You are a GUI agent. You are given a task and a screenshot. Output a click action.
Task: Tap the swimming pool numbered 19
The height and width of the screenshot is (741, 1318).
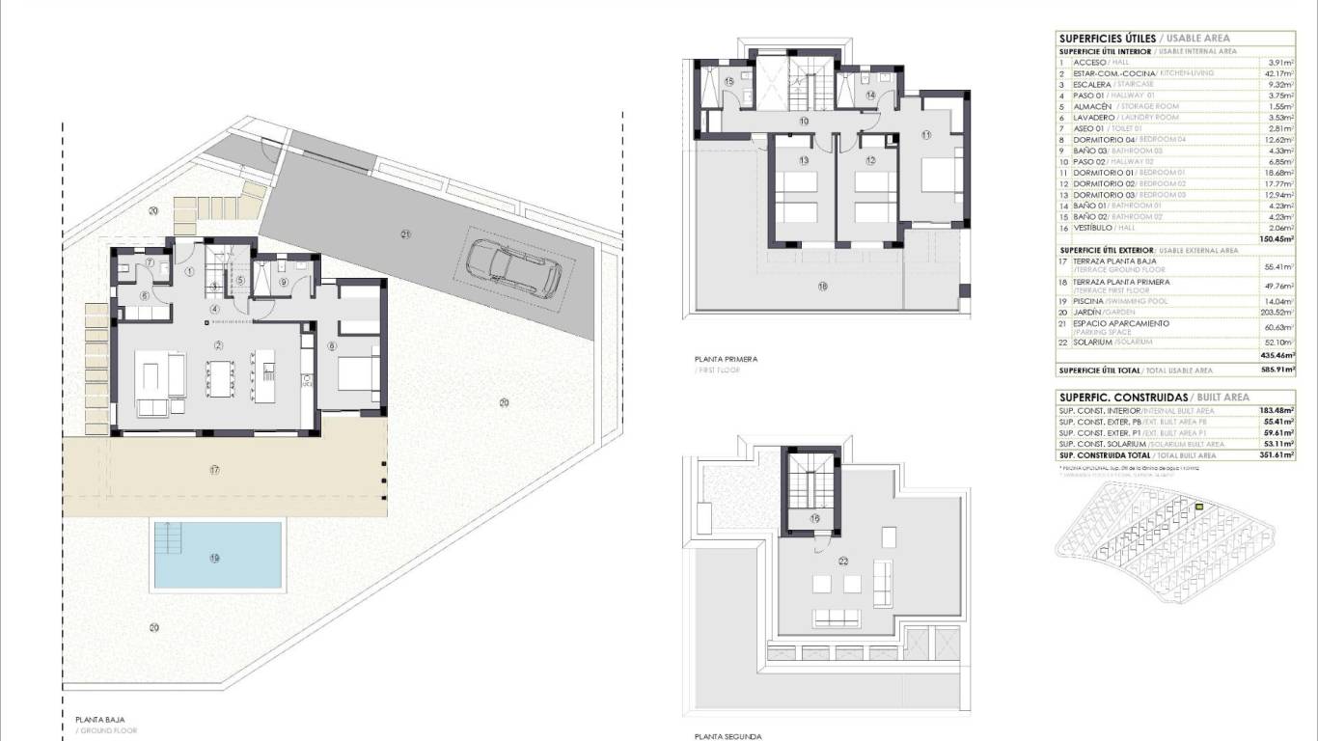coord(218,557)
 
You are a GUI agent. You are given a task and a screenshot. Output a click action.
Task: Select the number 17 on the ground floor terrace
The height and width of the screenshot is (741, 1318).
coord(214,470)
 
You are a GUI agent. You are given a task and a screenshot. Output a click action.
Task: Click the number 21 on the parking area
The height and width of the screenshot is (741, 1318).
coord(406,234)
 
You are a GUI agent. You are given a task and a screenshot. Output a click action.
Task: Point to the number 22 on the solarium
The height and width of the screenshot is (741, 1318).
coord(843,561)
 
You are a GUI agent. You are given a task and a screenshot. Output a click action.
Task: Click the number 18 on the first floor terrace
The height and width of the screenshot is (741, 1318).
coord(822,286)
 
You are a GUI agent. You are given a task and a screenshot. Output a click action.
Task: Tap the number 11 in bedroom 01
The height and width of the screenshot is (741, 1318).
coord(926,135)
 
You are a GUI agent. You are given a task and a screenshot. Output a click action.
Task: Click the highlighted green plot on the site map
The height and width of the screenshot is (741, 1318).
coord(1199,507)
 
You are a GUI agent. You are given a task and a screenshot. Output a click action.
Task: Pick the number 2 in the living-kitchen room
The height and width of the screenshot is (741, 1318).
coord(219,345)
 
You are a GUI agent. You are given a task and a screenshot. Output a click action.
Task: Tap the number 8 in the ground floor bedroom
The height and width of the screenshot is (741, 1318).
coord(333,345)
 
